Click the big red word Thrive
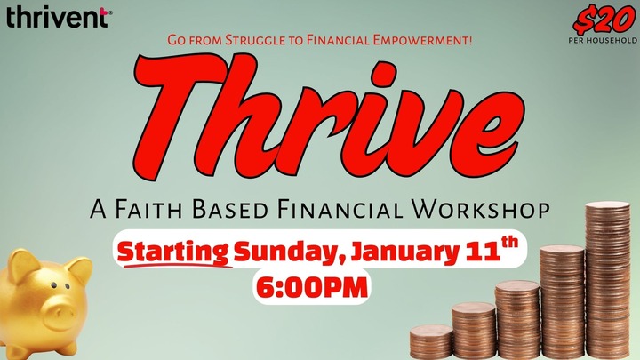tap(320, 117)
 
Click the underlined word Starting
tap(175, 252)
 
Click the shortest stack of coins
tap(430, 342)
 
